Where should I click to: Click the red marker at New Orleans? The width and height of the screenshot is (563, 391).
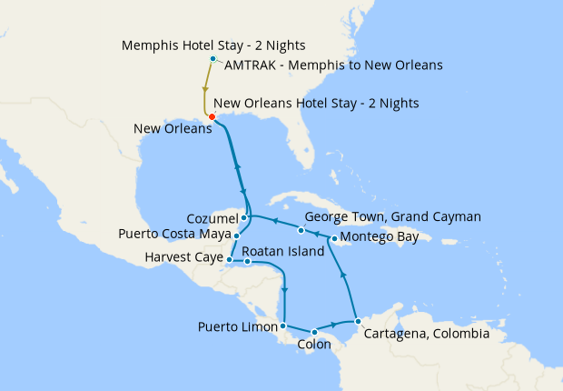pos(212,116)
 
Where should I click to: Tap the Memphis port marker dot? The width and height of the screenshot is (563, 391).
pos(212,59)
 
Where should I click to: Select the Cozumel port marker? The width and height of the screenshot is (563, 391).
pos(244,218)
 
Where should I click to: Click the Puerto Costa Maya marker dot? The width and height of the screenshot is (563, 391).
pos(236,236)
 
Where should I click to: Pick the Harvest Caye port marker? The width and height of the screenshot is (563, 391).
pos(229,260)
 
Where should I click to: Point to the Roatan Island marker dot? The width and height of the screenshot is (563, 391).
pos(248,262)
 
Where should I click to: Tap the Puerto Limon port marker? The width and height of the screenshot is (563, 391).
pos(284,326)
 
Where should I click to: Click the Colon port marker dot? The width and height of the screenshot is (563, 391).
pos(314,332)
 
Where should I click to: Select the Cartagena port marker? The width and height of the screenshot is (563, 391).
pos(358,321)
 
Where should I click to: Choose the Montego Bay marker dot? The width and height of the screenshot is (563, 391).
pos(335,239)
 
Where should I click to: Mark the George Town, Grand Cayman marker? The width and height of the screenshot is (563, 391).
pos(301,230)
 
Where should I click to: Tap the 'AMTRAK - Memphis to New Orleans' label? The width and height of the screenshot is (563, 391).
pos(332,65)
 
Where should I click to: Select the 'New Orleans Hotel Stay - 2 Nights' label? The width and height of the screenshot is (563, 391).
pos(316,104)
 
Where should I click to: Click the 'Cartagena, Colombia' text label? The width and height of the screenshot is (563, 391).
pos(426,334)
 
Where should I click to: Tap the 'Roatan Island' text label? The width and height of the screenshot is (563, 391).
pos(282,251)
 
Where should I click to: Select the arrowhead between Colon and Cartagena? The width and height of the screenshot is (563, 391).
pos(335,325)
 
